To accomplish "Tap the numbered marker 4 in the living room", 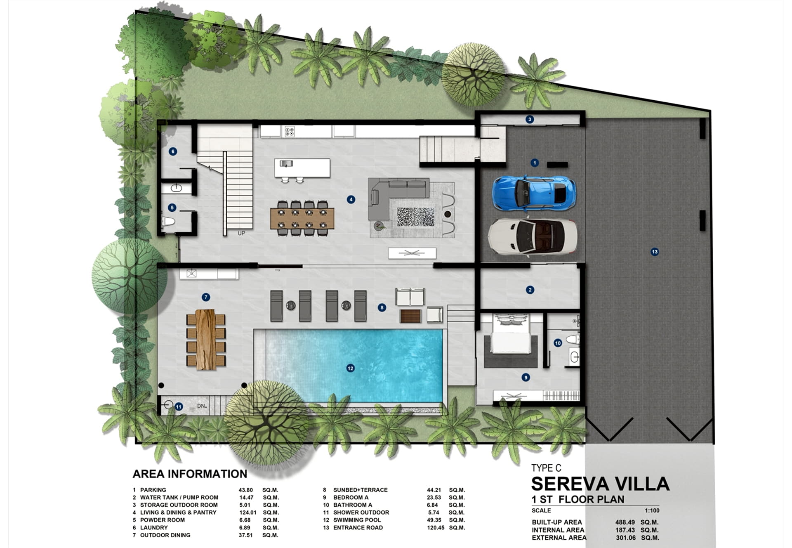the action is (x=351, y=200).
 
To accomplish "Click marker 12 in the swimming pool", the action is (x=350, y=368).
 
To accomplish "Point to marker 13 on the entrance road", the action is (x=655, y=252).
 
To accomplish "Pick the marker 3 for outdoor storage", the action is (x=530, y=120).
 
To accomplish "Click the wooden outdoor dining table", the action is (x=205, y=339).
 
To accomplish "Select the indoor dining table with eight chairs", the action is (x=302, y=218).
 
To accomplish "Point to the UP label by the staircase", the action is (x=241, y=233).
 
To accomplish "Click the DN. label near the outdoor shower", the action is (x=202, y=406).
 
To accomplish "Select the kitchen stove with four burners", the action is (x=290, y=132).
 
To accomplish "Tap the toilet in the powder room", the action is (x=168, y=222).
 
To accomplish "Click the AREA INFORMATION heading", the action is (x=190, y=474).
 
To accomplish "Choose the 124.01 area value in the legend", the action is (x=247, y=513).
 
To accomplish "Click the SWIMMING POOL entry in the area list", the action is (x=357, y=520).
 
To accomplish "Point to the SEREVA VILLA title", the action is (x=600, y=484).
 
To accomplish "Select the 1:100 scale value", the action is (x=652, y=510).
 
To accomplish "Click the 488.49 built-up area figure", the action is (x=625, y=522).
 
